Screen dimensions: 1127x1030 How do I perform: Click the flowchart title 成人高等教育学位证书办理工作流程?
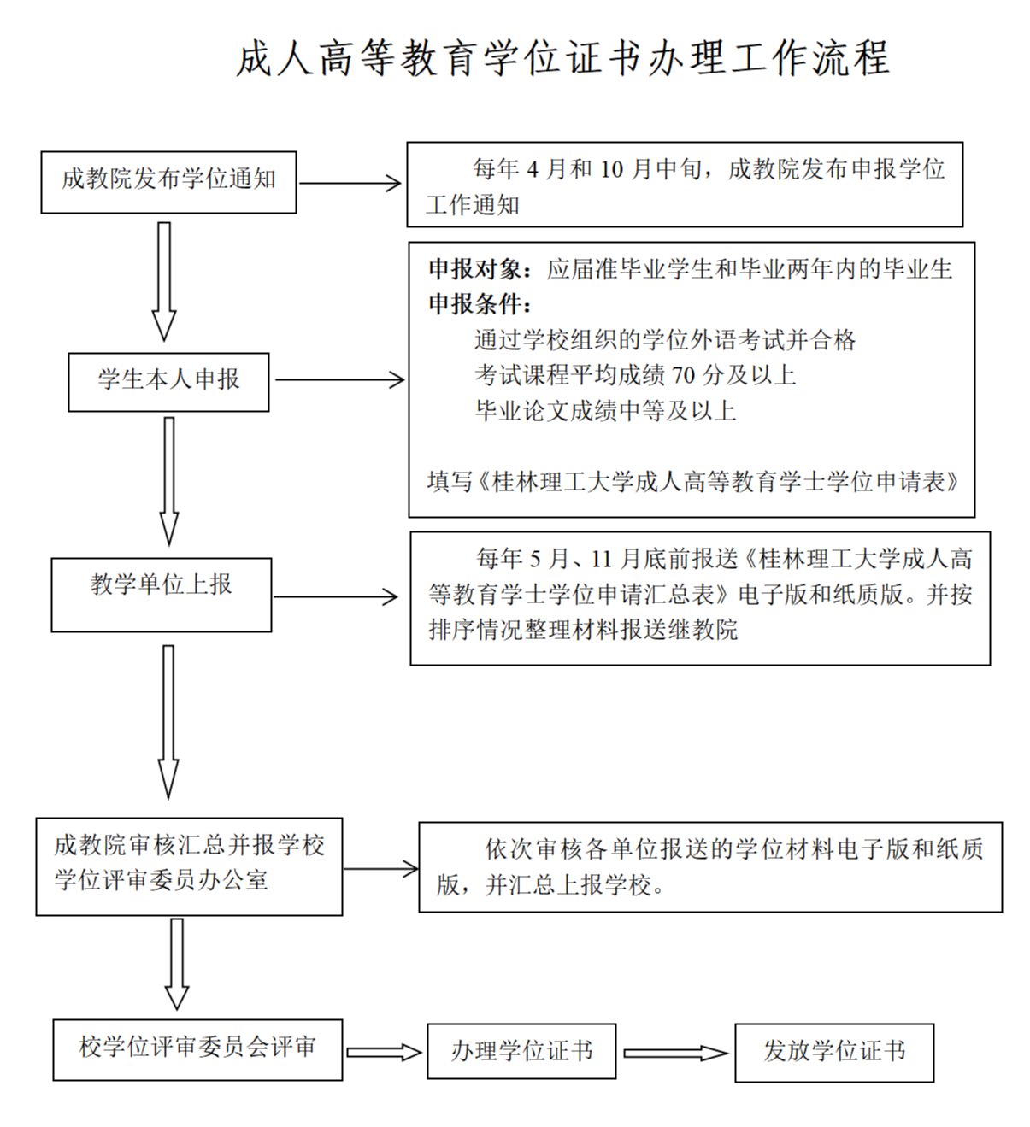tap(562, 59)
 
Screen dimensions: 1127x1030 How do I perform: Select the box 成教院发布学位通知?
tap(168, 182)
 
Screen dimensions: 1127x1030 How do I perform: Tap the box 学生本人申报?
tap(168, 381)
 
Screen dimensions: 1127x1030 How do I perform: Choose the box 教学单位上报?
tap(161, 595)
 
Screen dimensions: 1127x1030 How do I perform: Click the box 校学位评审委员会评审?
tap(197, 1048)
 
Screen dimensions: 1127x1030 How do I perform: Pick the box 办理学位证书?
tap(521, 1051)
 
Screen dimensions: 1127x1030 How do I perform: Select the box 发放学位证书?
tap(833, 1052)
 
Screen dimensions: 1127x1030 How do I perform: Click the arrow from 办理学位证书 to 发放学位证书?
tap(674, 1053)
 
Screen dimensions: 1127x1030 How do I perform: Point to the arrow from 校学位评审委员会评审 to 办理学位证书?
tap(384, 1052)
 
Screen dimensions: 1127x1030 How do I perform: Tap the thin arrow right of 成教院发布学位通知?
tap(350, 183)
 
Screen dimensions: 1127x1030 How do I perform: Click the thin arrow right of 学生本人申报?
tap(339, 380)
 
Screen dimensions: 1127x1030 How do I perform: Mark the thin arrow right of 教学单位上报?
tap(335, 597)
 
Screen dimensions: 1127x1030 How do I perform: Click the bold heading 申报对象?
tap(475, 270)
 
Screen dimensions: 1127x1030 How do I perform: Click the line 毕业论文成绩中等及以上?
tap(605, 411)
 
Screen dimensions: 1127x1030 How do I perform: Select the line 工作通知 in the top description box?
tap(473, 205)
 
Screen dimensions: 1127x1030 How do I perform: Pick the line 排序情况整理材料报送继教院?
tap(583, 631)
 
